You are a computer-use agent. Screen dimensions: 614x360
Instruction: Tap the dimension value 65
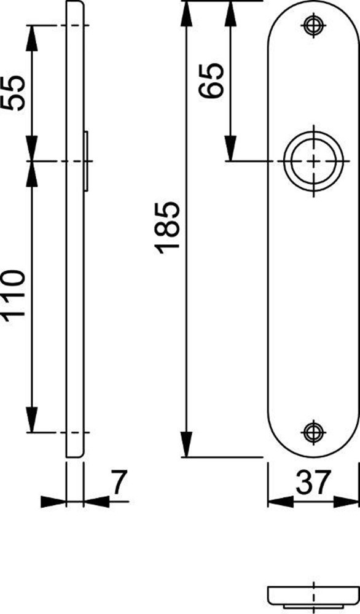tap(211, 80)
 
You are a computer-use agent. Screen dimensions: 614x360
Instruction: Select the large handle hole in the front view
tap(314, 161)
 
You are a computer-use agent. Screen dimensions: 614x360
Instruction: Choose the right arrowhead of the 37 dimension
tap(348, 502)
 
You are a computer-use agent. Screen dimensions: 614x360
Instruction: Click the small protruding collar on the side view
tap(87, 161)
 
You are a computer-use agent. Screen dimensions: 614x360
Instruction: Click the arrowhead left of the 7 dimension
tap(53, 502)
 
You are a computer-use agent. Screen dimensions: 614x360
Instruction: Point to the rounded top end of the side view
tap(74, 6)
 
